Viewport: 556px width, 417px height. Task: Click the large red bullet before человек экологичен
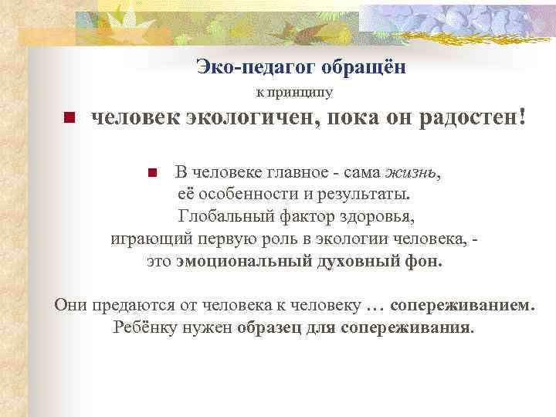click(68, 119)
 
